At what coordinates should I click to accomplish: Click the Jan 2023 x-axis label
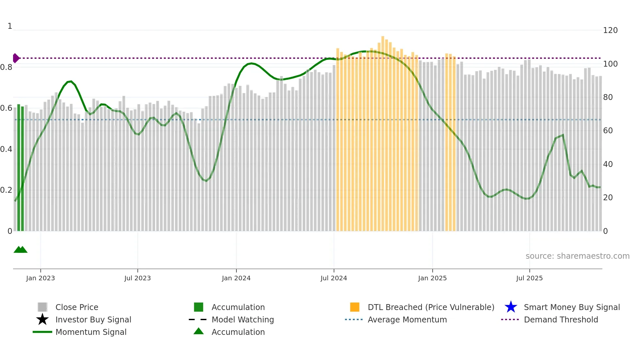(40, 278)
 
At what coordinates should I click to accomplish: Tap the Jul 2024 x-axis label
(334, 278)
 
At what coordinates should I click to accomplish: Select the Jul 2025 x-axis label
(529, 278)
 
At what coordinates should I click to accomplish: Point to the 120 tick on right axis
(610, 30)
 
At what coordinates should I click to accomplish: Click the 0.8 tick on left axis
(6, 67)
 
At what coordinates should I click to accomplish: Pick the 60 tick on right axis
(608, 131)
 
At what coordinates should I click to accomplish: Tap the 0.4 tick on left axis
(6, 149)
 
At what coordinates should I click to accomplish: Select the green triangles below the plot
(20, 250)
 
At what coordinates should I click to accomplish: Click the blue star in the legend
(511, 307)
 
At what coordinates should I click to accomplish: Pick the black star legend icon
(42, 319)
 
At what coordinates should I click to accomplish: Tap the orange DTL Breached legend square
(355, 307)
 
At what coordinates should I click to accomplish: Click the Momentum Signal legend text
(91, 332)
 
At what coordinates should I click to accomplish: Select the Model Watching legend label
(243, 319)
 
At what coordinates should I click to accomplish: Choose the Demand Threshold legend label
(561, 319)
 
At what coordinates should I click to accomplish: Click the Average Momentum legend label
(407, 319)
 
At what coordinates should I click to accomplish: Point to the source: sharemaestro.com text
(577, 256)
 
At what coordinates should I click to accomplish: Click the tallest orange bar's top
(383, 37)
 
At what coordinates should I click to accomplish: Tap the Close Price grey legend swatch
(42, 307)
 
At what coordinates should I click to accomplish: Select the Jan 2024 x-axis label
(236, 278)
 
